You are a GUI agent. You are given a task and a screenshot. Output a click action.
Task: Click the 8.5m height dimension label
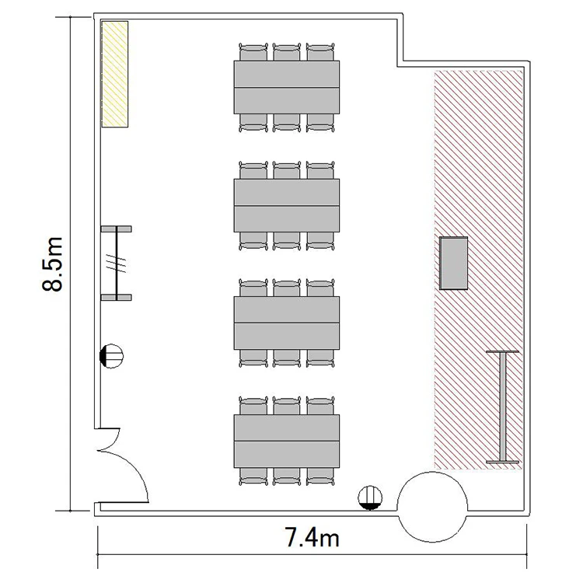click(52, 264)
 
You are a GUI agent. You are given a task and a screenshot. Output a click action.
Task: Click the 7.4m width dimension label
click(312, 537)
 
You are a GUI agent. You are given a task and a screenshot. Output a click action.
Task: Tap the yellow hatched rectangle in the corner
click(115, 74)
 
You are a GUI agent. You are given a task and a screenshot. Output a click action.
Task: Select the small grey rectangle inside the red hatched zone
click(454, 263)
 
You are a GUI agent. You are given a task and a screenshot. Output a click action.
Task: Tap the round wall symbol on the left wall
click(111, 356)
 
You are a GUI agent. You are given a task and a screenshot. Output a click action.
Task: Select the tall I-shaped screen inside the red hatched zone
click(502, 407)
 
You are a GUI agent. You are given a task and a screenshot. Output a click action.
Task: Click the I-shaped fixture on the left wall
click(117, 263)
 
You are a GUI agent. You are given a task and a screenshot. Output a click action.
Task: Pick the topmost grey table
click(287, 87)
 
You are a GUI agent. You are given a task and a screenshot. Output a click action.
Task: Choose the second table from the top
click(287, 205)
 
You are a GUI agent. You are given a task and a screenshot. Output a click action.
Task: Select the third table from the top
click(287, 323)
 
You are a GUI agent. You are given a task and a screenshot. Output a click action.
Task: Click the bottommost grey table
click(287, 441)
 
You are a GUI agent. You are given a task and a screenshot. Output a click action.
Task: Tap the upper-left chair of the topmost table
click(253, 51)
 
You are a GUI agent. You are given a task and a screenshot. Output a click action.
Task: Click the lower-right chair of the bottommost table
click(320, 477)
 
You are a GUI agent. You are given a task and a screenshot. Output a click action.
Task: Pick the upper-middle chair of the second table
click(287, 170)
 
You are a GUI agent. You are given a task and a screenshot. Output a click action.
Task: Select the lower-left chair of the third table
click(253, 358)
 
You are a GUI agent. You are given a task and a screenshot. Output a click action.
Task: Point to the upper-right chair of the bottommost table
click(320, 406)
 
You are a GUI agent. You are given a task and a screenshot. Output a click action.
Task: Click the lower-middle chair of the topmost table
click(287, 123)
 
